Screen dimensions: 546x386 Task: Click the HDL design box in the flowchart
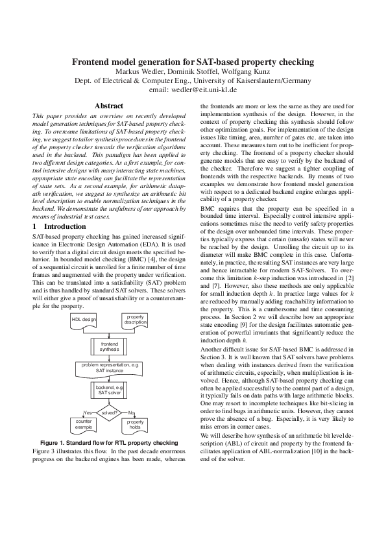point(84,320)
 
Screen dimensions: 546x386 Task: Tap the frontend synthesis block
point(110,346)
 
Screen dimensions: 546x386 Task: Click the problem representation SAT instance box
point(110,368)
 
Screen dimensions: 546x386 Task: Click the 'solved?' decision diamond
point(110,412)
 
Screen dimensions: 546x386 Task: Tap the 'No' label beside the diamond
point(132,412)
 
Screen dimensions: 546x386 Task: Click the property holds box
point(135,425)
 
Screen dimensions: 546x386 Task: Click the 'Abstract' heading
point(109,105)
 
